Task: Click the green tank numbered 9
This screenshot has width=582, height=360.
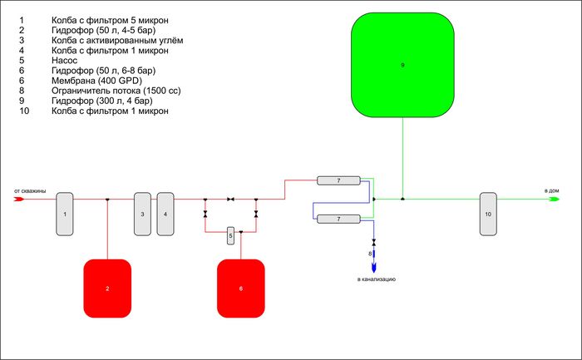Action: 402,65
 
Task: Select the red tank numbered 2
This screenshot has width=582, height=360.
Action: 107,288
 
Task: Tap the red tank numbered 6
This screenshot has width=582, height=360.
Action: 241,288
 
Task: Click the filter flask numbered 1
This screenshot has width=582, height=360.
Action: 65,213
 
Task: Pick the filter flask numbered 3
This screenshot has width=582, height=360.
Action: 142,213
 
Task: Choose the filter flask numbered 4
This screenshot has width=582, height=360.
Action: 165,213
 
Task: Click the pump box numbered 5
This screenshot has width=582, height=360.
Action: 231,236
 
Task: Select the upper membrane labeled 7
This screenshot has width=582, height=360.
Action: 338,180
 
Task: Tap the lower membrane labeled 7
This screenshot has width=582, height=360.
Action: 338,219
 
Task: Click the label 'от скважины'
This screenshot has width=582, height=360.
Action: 29,191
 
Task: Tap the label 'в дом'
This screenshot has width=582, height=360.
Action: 552,191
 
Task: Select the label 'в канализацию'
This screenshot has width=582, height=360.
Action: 376,279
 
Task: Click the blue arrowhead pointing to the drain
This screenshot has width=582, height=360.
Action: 374,266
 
